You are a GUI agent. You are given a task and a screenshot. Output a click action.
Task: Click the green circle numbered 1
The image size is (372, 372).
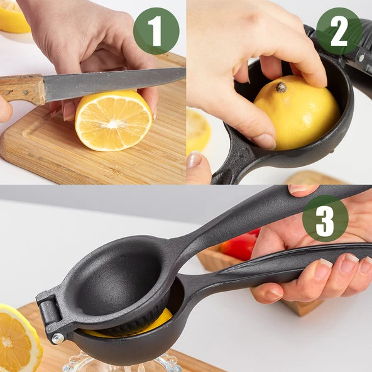tap(156, 31)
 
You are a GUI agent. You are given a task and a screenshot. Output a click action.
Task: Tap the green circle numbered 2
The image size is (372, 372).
tap(339, 31)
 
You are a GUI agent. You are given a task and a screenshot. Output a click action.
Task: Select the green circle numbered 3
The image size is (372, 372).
tap(325, 219)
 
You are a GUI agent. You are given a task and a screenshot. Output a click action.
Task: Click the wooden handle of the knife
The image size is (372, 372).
tap(23, 89)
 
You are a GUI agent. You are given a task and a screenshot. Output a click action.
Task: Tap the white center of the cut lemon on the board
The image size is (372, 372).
tap(114, 124)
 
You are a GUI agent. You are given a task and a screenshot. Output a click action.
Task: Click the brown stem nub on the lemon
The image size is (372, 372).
tap(282, 87)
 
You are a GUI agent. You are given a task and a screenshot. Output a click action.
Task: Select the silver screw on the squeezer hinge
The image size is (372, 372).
tap(58, 338)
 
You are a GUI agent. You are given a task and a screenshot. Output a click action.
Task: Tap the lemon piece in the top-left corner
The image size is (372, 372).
tap(13, 16)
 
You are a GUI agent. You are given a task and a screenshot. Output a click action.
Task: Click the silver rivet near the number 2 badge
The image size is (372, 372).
tap(361, 58)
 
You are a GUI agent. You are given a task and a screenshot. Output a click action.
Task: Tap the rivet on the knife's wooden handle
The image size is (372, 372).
tap(25, 91)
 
